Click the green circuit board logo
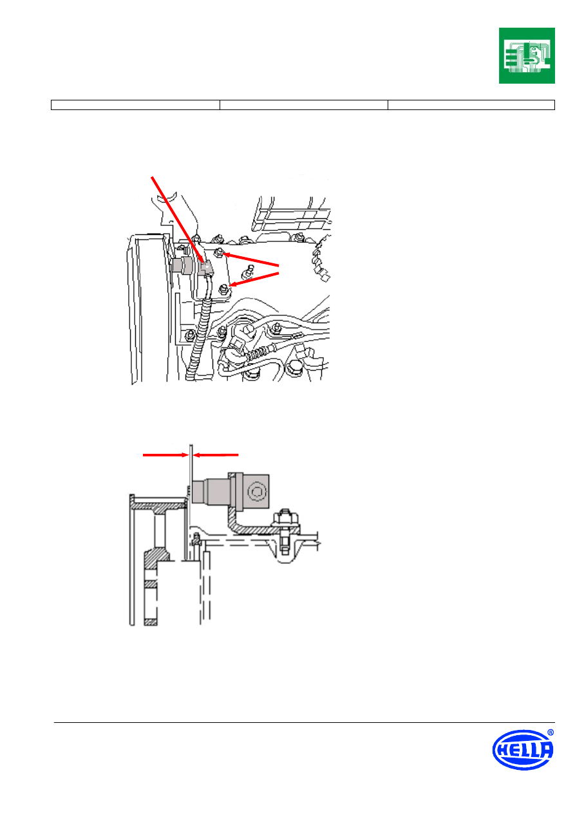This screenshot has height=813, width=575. coord(526,55)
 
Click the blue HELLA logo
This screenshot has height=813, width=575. coord(522,749)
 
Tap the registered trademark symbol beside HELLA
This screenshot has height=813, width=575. coord(551,733)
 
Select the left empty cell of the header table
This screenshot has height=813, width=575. coord(135,105)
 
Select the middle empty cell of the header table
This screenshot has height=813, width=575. coord(304,105)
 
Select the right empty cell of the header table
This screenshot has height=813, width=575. coord(471,105)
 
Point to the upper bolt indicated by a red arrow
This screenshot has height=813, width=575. coord(218,252)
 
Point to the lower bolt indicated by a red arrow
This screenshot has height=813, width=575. coord(223,289)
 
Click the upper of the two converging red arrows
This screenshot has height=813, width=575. coord(250,259)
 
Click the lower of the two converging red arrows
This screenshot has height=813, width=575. coord(254,279)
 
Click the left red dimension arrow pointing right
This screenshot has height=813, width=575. coord(166,454)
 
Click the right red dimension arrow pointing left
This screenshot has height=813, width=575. coord(216,454)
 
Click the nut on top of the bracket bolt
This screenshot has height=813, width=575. coord(285,517)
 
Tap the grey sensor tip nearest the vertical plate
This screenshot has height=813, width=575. coord(199,491)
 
